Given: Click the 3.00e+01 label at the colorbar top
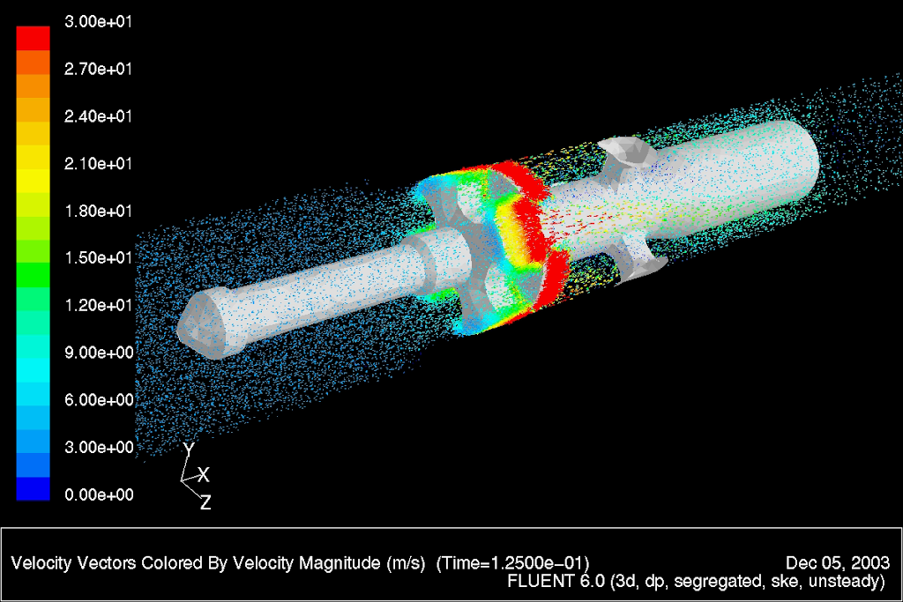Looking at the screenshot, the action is point(98,22).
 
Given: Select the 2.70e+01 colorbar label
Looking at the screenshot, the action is point(98,69).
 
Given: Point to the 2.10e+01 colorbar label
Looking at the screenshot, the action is point(98,164).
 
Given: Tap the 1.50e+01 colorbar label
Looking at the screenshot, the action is point(98,258).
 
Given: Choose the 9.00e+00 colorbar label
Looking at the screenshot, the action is point(99,353).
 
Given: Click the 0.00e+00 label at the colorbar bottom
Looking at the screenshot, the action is point(99,494).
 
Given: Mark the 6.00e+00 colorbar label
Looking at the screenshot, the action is point(99,400).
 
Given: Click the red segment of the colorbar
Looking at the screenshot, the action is point(33,38).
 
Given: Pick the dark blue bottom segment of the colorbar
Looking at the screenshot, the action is point(33,488).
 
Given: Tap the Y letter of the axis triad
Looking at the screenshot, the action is point(189,450).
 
